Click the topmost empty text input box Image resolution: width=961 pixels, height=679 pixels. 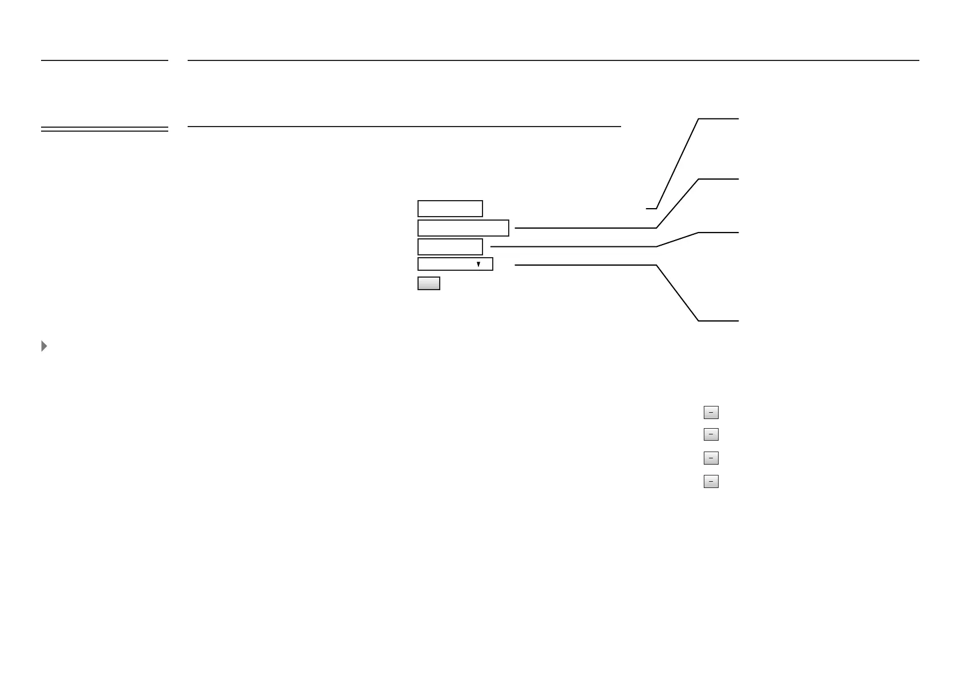point(450,209)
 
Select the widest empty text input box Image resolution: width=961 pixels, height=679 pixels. point(463,228)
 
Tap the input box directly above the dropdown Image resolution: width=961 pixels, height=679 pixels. point(450,247)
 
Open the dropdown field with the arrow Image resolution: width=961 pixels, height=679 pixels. point(455,264)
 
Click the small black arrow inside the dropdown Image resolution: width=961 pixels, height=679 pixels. point(479,265)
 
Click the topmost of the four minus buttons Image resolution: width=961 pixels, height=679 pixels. point(711,412)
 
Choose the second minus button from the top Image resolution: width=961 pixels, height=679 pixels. point(711,434)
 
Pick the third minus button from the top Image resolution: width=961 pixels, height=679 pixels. point(711,458)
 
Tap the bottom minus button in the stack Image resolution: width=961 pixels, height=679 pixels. point(711,482)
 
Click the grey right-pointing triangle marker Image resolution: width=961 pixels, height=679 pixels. point(44,346)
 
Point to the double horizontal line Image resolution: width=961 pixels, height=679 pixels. point(104,129)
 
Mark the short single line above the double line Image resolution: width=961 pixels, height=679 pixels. point(104,60)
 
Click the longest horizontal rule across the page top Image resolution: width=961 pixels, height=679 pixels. point(553,60)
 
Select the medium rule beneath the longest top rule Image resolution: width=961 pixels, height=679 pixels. point(404,126)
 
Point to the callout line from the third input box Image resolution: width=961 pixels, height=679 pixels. point(573,246)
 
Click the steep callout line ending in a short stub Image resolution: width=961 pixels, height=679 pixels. point(678,164)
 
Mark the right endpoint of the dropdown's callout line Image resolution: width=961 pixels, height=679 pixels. point(738,321)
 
